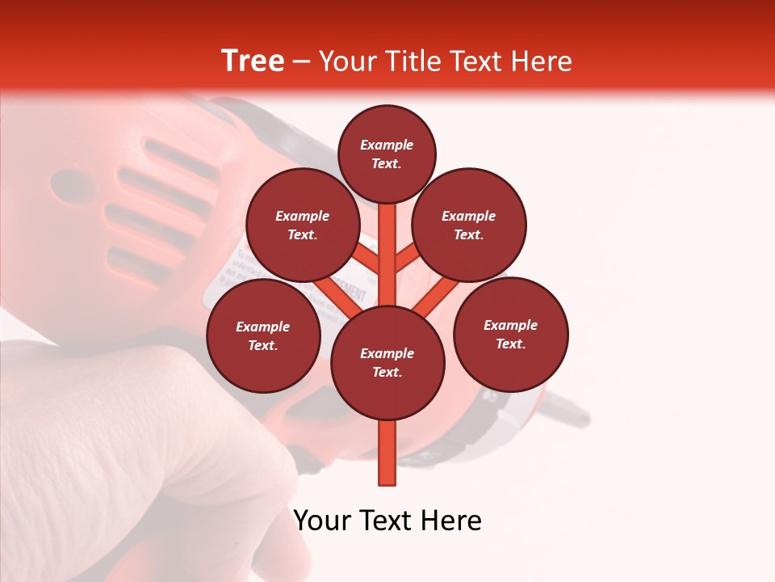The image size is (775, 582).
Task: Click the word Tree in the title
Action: click(x=253, y=61)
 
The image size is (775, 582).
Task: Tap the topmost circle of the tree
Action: click(x=387, y=154)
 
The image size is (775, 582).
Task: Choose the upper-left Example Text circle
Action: click(x=302, y=225)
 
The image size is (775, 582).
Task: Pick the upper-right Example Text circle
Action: click(x=469, y=225)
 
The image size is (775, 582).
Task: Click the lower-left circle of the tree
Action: click(x=263, y=335)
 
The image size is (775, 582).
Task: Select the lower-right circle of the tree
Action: click(x=511, y=334)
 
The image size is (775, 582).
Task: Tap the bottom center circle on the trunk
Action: click(x=387, y=363)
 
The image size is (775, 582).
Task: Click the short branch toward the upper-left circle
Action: click(x=367, y=259)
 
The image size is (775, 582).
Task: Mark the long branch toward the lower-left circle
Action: click(x=333, y=293)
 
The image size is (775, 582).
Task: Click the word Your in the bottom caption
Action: click(x=323, y=521)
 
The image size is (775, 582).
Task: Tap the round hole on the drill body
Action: click(x=69, y=185)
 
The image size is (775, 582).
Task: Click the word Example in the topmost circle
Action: click(x=387, y=145)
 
